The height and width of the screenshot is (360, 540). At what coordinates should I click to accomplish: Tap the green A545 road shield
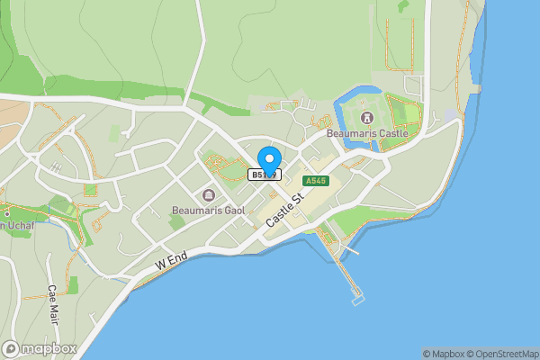316,181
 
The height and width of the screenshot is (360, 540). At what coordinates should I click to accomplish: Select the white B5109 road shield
265,175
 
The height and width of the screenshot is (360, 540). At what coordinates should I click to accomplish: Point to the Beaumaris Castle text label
367,134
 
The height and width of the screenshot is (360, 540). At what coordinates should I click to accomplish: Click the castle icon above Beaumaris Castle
366,118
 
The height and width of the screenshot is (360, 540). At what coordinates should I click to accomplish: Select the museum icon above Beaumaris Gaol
209,195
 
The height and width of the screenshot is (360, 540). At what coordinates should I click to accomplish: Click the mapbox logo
40,348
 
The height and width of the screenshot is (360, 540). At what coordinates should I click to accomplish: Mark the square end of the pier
358,298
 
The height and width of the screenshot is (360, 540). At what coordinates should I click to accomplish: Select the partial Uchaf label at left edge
15,225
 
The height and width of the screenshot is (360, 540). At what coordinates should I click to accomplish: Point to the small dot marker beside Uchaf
6,213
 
